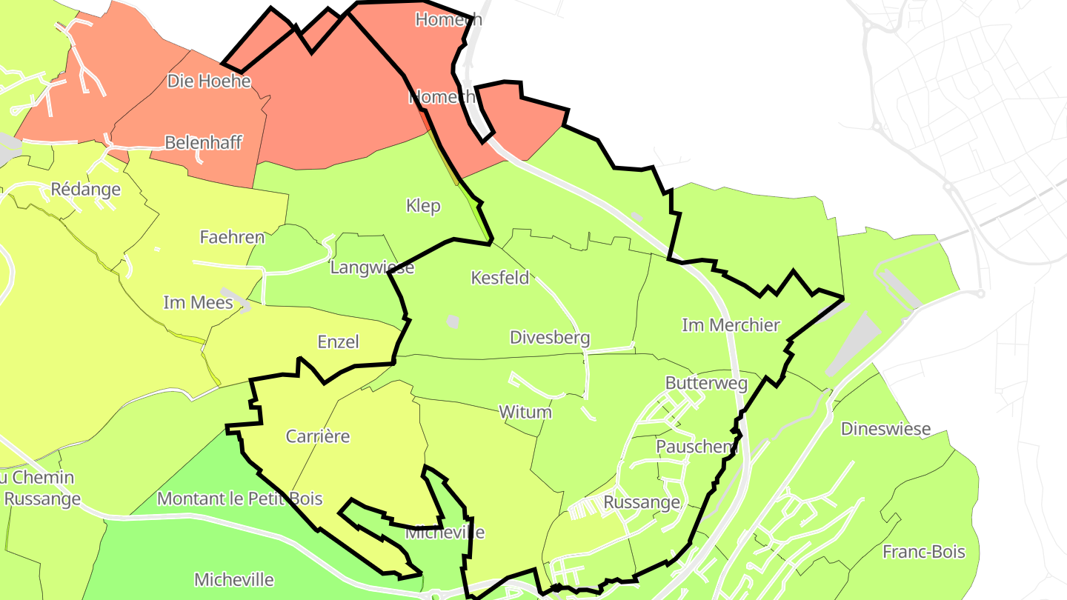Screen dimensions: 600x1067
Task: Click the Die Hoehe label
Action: click(x=209, y=81)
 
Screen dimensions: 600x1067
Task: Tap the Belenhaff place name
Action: click(x=203, y=142)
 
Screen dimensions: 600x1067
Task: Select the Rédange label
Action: click(x=85, y=189)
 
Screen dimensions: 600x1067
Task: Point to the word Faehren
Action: click(x=232, y=237)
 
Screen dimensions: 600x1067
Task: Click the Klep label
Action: click(x=423, y=205)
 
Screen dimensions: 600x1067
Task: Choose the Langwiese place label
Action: click(x=372, y=267)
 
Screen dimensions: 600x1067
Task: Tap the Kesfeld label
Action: click(x=500, y=278)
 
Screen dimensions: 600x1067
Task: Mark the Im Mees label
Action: click(x=198, y=302)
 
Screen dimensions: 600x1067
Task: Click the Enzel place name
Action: click(x=338, y=341)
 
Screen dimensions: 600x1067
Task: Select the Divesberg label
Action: click(x=550, y=338)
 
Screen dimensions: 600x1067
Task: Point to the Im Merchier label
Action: click(x=731, y=324)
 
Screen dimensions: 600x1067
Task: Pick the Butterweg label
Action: click(x=706, y=383)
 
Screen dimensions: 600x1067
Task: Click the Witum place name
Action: click(x=525, y=412)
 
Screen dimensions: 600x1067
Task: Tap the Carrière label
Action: click(x=318, y=436)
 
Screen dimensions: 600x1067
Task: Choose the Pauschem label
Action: click(x=697, y=447)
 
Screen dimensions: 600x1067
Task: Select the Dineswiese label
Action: click(x=885, y=429)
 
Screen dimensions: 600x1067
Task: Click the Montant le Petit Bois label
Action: click(x=239, y=499)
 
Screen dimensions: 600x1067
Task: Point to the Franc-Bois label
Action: click(x=923, y=552)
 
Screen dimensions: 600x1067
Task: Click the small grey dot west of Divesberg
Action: click(x=453, y=321)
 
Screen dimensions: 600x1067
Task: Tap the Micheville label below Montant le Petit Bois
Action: click(x=233, y=579)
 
